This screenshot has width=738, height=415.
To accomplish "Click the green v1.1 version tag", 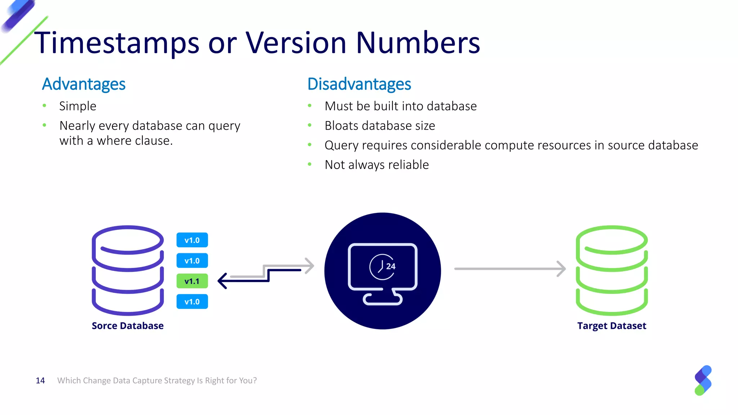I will coord(192,281).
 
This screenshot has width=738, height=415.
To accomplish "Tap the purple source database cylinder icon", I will coord(128,270).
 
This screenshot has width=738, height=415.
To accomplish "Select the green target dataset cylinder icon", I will coord(612,270).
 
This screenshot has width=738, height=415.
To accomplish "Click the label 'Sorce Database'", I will coord(128,326).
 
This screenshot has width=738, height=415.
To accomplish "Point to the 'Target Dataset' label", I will coord(612,326).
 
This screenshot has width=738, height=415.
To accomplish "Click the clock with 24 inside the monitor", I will coord(382,267).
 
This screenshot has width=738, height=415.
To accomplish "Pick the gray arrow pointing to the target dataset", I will coord(510,269).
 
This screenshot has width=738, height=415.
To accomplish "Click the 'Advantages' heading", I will coord(84,84).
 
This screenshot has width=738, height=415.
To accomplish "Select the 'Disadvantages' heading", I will coord(359,84).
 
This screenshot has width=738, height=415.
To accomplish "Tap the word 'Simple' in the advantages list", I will coord(77,106).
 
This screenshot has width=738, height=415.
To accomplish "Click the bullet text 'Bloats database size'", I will coord(379,126).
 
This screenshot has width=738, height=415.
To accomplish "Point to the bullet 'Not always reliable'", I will coord(377,165).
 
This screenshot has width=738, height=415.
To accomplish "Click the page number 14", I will coord(40,380).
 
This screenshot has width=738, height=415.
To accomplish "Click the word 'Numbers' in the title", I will coord(418,43).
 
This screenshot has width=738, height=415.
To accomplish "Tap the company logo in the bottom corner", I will coord(703,380).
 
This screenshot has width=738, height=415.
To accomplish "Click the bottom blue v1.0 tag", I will coord(192,302).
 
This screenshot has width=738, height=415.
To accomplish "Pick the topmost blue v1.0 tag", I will coord(192,240).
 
